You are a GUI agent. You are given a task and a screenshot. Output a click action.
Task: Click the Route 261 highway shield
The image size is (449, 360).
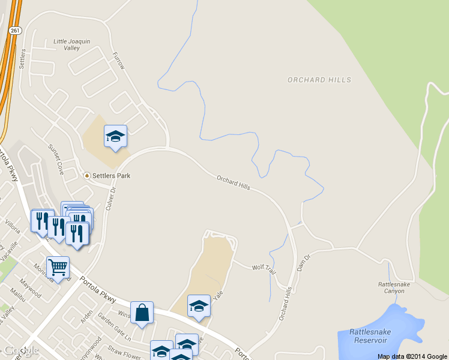[16, 30]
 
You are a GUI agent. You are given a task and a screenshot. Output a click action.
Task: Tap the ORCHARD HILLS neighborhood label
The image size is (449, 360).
[319, 80]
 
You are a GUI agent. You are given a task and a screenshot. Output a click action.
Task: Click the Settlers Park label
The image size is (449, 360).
[110, 176]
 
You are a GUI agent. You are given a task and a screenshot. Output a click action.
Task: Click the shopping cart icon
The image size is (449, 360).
[58, 267]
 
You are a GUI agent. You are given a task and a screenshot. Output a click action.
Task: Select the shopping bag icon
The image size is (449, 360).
[142, 313]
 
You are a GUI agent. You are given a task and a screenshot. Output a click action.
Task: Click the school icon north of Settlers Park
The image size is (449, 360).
[115, 136]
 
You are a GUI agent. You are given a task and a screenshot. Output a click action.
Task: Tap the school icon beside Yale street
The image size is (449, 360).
[199, 306]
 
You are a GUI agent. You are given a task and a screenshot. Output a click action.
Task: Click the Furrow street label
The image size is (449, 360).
[118, 60]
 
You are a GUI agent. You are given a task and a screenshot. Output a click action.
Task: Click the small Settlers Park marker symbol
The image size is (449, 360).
[87, 176]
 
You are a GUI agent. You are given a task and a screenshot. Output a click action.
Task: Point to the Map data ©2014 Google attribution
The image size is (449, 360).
[412, 356]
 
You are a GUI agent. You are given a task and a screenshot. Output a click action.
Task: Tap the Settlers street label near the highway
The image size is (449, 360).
[23, 58]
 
